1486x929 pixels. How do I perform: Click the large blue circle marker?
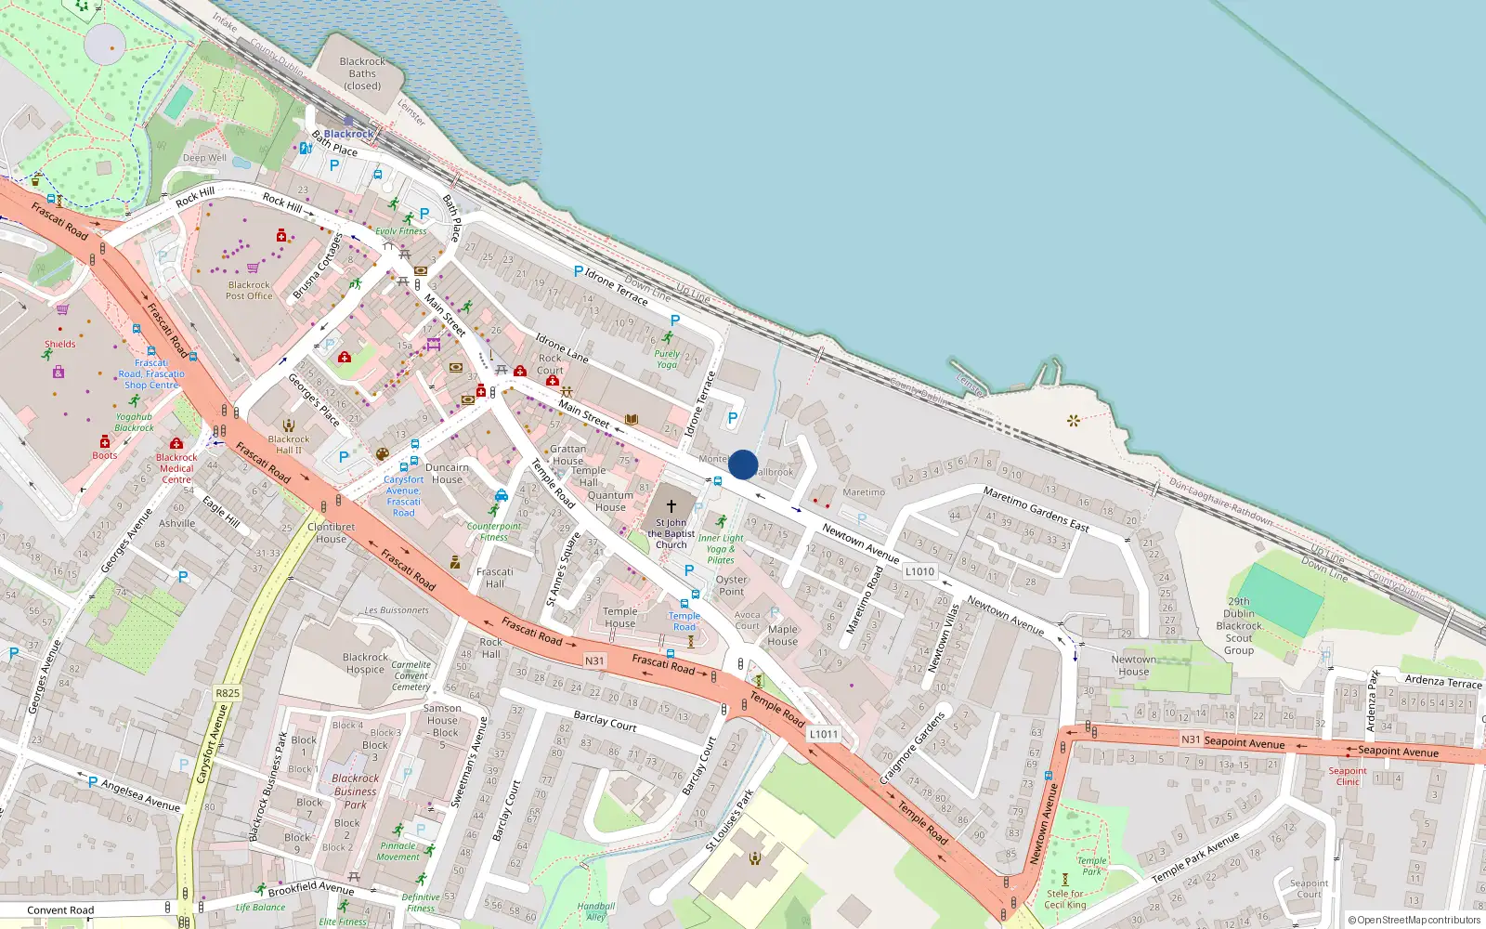[x=743, y=464]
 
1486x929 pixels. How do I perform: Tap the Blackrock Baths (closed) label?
[x=362, y=73]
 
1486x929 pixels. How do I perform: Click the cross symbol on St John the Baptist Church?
[x=671, y=506]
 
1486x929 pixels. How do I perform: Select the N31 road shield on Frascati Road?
[x=594, y=661]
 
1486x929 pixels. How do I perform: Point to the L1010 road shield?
[x=919, y=571]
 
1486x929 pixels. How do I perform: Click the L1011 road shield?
[x=823, y=734]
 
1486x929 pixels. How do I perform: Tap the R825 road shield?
[x=227, y=693]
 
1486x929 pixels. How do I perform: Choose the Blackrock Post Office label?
[x=249, y=291]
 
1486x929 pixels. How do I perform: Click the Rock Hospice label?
[x=365, y=663]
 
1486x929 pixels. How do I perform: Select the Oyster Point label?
[x=732, y=585]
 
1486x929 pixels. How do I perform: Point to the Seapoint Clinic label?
[x=1347, y=776]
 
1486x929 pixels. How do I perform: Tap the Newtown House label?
[x=1134, y=665]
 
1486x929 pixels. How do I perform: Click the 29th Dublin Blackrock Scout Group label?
[x=1239, y=626]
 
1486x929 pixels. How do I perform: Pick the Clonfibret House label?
[x=332, y=532]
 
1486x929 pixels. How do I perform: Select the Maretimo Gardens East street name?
[x=1036, y=509]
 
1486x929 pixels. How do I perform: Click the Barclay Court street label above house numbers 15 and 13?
[x=605, y=721]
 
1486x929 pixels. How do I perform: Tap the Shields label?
[x=60, y=344]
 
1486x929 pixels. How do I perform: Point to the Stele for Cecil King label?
[x=1064, y=899]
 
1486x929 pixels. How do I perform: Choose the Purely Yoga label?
[x=667, y=359]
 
